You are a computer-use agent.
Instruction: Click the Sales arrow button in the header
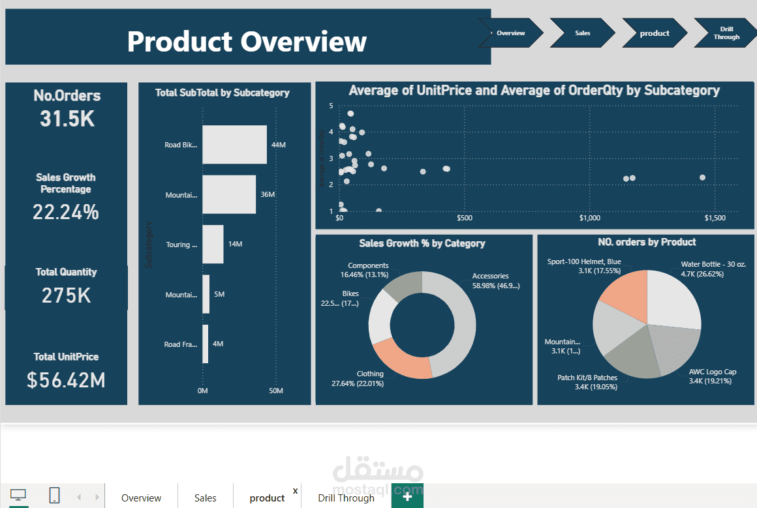(582, 33)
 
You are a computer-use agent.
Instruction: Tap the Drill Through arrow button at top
(725, 33)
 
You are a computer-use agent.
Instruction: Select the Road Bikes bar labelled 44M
(234, 144)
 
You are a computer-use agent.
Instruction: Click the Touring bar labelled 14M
(213, 245)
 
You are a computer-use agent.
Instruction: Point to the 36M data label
(268, 194)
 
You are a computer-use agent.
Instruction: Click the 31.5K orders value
(67, 119)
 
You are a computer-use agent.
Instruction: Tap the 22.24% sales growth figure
(66, 212)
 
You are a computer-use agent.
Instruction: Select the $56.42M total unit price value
(66, 380)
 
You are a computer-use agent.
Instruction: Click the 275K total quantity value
(66, 295)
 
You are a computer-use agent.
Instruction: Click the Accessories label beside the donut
(490, 276)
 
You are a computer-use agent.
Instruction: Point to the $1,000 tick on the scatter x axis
(590, 218)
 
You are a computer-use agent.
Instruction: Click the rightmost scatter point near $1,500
(702, 177)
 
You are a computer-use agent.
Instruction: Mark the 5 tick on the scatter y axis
(331, 106)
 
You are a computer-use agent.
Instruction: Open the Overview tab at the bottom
(141, 498)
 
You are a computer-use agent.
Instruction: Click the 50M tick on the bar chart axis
(276, 391)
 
